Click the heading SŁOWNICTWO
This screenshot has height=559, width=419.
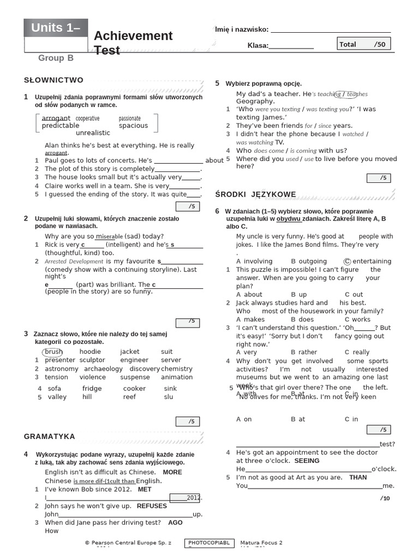coord(53,80)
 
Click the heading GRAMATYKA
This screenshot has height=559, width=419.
coord(50,436)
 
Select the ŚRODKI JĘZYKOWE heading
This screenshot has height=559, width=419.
coord(255,194)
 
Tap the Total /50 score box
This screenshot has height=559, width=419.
coord(363,44)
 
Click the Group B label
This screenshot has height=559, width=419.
coord(56,58)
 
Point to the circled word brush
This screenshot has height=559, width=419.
coord(53,352)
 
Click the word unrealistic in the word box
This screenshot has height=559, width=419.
coord(93,133)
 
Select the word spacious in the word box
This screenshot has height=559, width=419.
coord(133,126)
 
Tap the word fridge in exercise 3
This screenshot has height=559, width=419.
coord(92,389)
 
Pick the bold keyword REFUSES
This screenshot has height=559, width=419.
coord(152,506)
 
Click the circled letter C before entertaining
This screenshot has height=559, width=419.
coord(348,261)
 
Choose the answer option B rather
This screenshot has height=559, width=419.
coord(304,353)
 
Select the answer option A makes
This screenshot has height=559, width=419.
coord(250,319)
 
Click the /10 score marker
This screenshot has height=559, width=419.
coord(385,498)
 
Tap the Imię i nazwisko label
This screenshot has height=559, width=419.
coord(242,29)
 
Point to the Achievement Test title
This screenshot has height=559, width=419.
coord(133,43)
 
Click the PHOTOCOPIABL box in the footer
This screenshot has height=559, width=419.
coord(209,543)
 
